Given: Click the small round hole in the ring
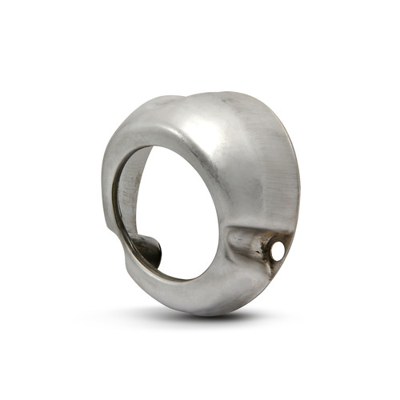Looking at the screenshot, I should tap(278, 251).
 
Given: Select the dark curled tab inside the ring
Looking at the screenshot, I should tap(147, 250).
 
